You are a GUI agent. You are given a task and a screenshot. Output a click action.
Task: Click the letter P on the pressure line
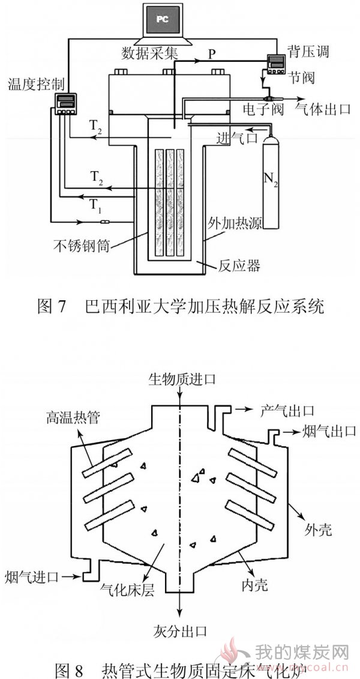[211, 53]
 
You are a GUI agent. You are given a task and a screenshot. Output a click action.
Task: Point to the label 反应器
[238, 265]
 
